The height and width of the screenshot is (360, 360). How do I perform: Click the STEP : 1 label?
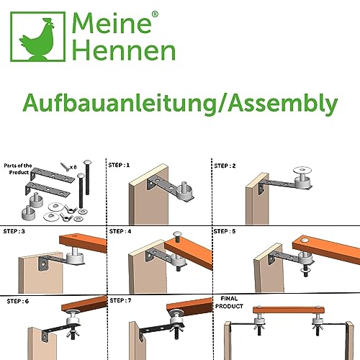[119, 163]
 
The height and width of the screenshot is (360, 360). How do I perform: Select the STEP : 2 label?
[225, 165]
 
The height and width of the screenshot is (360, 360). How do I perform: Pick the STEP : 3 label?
[15, 231]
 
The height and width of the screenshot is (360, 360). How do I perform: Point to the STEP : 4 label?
[120, 231]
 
